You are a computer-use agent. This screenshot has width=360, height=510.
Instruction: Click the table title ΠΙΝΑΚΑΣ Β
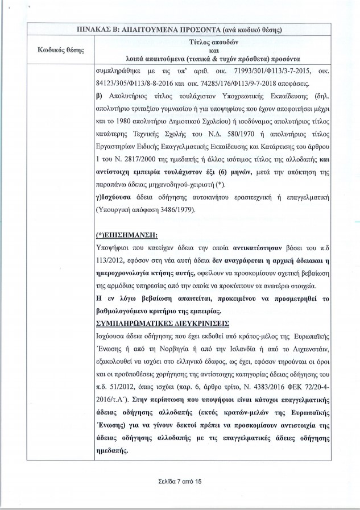point(180,29)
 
